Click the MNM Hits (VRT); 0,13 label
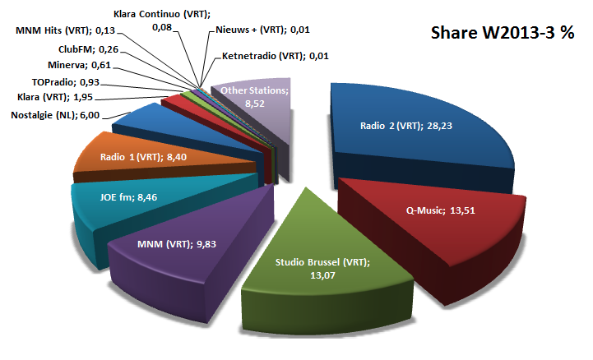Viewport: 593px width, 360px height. click(66, 30)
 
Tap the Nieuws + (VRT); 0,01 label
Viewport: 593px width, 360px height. click(259, 31)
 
